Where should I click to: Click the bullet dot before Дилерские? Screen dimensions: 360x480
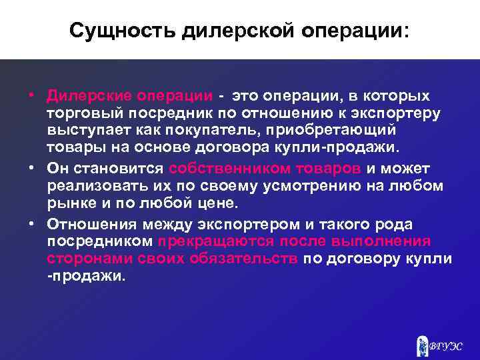pyautogui.click(x=31, y=93)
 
